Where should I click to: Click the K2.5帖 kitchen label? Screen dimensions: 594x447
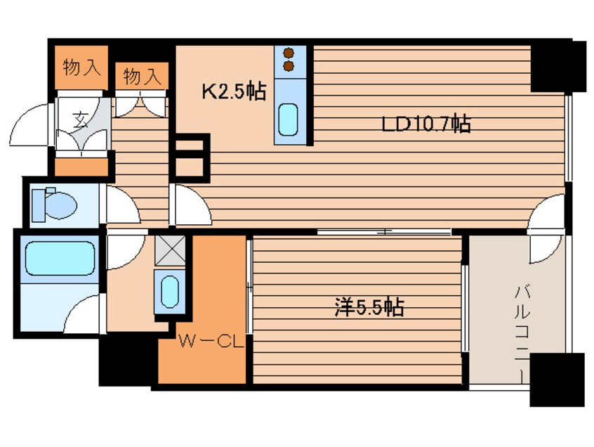pos(234,91)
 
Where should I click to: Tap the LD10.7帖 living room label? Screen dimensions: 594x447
pos(425,124)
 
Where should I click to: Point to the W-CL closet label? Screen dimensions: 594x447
pos(210,342)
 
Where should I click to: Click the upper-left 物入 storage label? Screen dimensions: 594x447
pos(82,67)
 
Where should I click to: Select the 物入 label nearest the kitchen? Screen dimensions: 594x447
pos(142,77)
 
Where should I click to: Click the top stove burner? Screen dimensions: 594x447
pos(289,53)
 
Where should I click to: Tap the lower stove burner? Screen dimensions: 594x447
pos(289,66)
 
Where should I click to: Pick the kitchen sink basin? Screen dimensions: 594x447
pos(288,119)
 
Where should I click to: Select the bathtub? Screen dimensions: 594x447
pos(60,258)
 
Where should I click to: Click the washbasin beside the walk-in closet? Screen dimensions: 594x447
pos(170,292)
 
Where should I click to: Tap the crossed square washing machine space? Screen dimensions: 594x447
pos(170,250)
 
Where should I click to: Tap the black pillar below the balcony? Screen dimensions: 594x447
pos(557,380)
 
